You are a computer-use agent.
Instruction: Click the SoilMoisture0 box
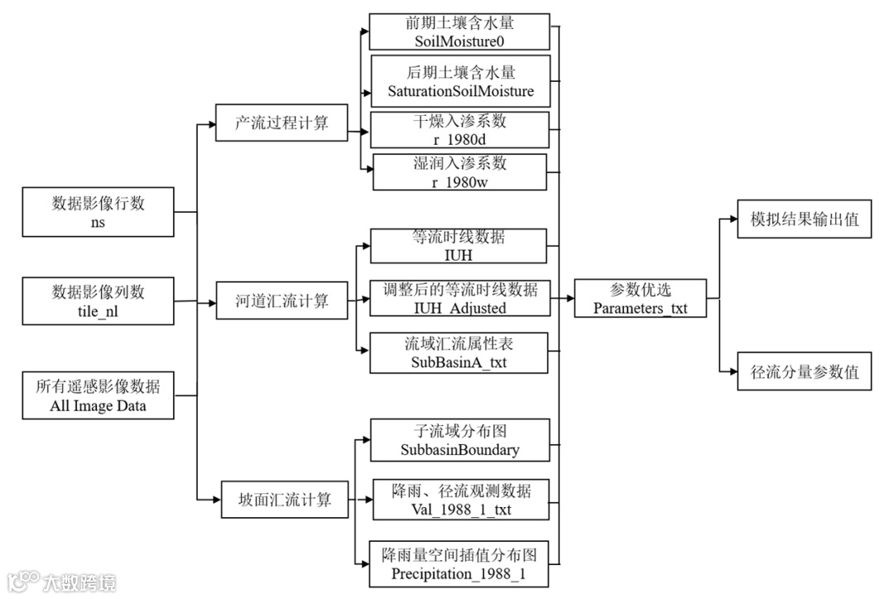(x=459, y=31)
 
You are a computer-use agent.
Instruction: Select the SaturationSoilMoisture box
(x=459, y=80)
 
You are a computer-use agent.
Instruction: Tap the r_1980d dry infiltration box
(x=459, y=130)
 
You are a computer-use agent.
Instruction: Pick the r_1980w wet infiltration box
(x=459, y=172)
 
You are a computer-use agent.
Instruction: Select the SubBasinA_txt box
(x=459, y=352)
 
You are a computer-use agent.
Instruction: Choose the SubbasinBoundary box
(x=459, y=440)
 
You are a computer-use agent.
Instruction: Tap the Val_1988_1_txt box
(x=459, y=499)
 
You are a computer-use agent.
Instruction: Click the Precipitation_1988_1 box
(x=459, y=564)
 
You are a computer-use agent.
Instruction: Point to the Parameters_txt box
(x=640, y=298)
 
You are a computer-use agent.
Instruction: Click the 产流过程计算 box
(x=281, y=122)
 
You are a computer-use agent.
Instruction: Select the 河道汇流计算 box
(x=281, y=300)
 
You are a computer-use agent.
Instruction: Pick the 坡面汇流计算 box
(x=284, y=499)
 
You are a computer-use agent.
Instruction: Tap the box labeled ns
(x=98, y=212)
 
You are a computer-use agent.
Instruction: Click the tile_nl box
(x=98, y=300)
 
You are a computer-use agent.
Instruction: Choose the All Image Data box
(x=98, y=395)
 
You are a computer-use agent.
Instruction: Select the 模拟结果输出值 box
(x=804, y=219)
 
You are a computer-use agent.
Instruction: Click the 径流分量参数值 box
(x=804, y=371)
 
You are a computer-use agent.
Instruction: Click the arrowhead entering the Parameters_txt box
(x=570, y=298)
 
